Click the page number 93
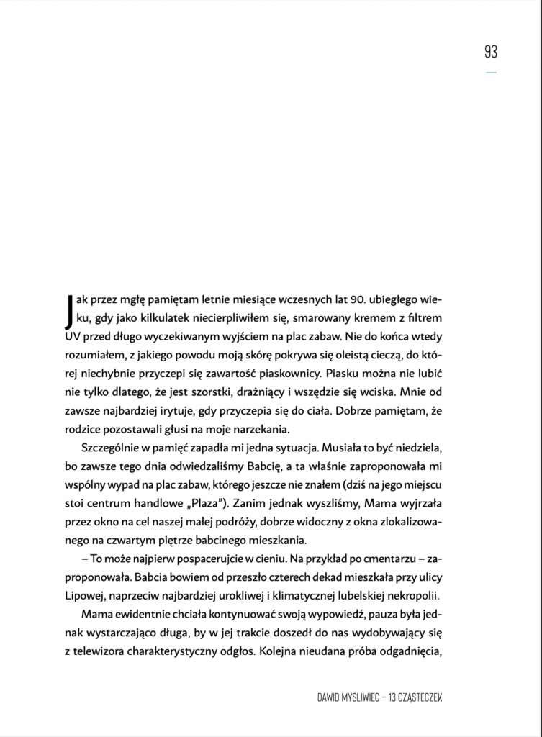click(490, 52)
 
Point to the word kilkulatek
click(160, 317)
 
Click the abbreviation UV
click(76, 336)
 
